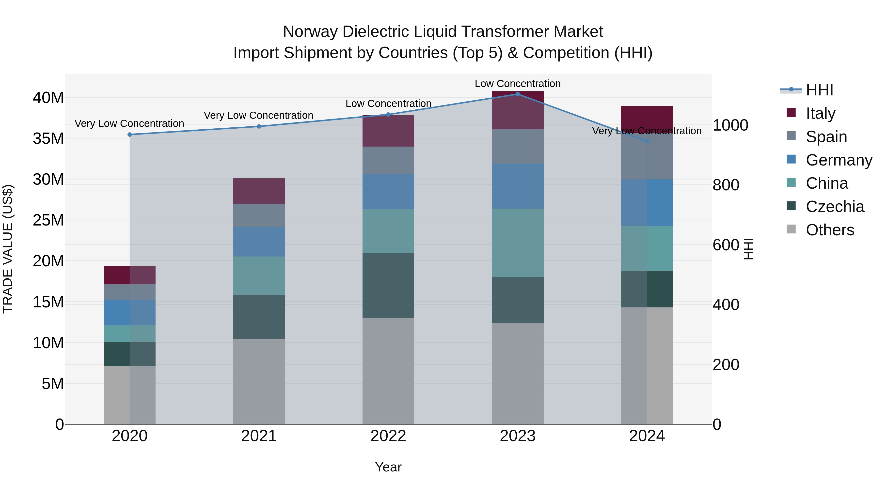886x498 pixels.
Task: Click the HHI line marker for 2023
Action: [517, 94]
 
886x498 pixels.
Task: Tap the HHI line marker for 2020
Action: [130, 135]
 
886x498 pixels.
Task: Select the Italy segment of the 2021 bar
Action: [259, 191]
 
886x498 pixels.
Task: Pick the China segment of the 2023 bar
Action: [517, 243]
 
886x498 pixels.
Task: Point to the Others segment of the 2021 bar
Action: [259, 381]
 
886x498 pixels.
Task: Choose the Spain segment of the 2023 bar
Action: [517, 146]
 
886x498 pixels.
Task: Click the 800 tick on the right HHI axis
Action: [726, 185]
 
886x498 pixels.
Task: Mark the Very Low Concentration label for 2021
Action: [258, 116]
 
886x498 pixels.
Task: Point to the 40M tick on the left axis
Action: [48, 98]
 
